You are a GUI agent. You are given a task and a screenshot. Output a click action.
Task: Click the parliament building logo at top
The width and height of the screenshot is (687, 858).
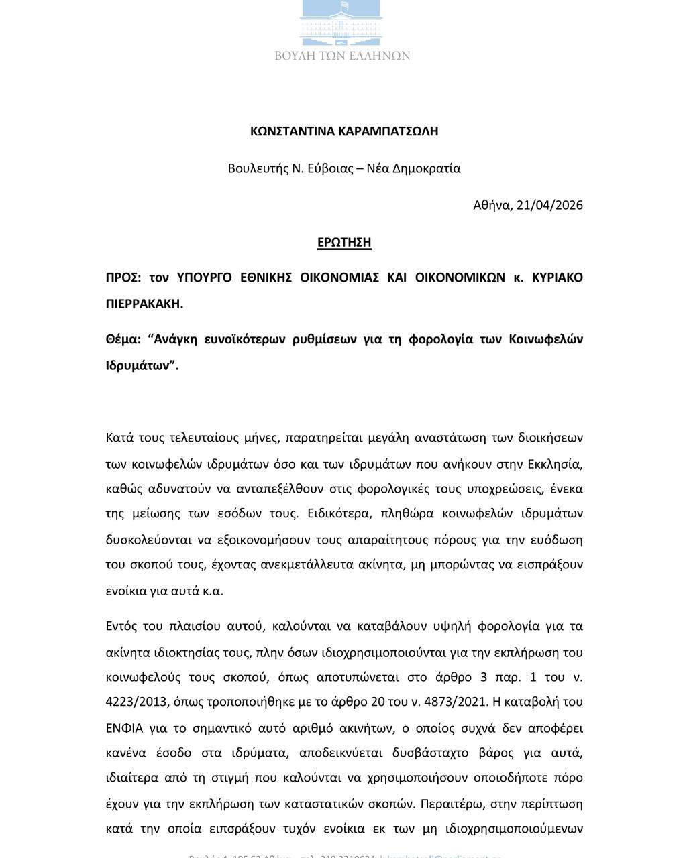[x=342, y=22]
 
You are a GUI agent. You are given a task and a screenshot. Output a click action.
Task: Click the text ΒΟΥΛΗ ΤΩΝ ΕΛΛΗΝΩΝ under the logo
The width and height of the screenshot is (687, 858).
[x=342, y=56]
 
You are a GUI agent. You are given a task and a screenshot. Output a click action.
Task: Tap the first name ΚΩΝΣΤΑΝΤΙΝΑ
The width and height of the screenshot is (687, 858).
[x=293, y=131]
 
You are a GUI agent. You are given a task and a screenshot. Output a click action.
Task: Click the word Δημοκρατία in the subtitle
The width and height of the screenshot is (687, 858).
[x=427, y=168]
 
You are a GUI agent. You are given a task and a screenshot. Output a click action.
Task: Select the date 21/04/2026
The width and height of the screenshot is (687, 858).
[x=549, y=205]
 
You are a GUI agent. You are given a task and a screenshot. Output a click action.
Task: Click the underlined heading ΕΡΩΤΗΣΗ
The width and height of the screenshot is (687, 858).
[x=344, y=242]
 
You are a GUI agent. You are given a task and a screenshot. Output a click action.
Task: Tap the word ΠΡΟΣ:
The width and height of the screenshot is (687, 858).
[x=123, y=278]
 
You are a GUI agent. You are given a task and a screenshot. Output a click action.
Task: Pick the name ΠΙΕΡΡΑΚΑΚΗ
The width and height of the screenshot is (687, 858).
[x=144, y=304]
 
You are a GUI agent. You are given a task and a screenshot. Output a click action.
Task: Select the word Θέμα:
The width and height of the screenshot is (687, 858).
[x=123, y=339]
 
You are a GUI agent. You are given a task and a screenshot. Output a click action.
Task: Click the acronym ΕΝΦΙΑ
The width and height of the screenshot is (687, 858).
[x=124, y=728]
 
